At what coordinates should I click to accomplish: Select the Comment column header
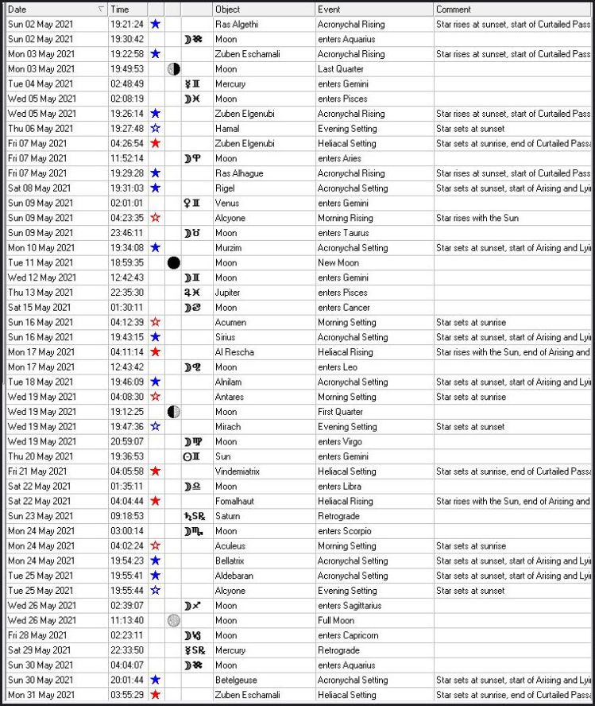[453, 10]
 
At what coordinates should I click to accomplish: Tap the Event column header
[329, 10]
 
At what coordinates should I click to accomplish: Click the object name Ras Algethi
[234, 25]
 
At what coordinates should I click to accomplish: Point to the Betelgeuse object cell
[236, 681]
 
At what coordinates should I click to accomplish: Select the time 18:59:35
[127, 262]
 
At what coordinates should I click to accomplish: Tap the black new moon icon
[173, 262]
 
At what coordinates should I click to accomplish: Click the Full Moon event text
[334, 621]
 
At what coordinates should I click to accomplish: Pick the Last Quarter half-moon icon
[173, 69]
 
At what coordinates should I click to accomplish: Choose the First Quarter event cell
[339, 412]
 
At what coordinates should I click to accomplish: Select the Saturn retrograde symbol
[193, 516]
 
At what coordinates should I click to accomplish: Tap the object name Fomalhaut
[234, 502]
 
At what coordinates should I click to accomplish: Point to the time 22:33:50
[127, 650]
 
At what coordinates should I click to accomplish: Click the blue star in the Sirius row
[156, 337]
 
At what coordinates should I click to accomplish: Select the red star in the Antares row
[156, 397]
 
